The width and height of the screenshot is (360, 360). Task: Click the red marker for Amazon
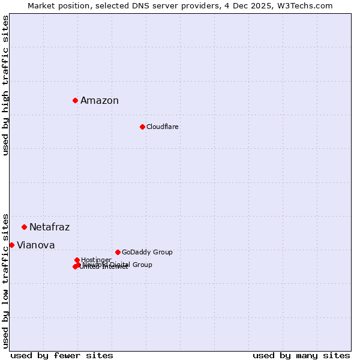point(75,100)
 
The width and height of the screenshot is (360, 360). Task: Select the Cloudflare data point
point(142,127)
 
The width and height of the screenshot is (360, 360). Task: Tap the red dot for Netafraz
point(24,227)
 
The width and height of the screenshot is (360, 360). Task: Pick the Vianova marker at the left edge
point(11,245)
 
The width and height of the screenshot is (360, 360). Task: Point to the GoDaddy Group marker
point(118,252)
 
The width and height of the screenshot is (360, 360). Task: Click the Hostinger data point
point(77,260)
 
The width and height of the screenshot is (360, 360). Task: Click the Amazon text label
point(100,101)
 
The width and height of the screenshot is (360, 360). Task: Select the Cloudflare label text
point(163,127)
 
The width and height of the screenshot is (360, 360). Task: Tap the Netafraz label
point(49,227)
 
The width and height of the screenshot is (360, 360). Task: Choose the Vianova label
point(35,245)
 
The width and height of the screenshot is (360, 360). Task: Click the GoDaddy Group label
point(147,253)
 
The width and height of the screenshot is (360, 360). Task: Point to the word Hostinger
point(97,260)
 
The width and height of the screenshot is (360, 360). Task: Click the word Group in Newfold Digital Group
point(142,265)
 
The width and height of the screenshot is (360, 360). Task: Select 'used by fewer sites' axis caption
point(62,356)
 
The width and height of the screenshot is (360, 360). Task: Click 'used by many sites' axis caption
point(301,356)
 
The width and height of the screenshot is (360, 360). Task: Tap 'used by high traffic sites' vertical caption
point(5,85)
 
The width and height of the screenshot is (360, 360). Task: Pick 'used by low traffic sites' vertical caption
point(5,280)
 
